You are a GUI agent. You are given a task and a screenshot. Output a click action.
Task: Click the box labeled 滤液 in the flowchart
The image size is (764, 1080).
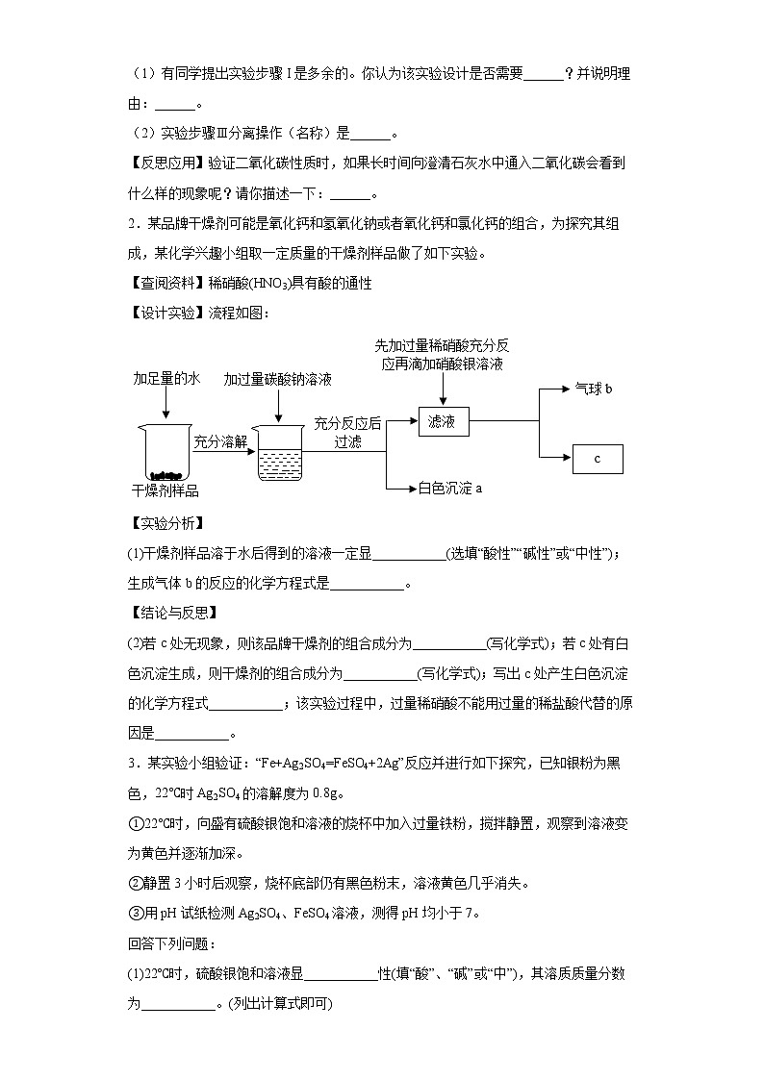click(443, 421)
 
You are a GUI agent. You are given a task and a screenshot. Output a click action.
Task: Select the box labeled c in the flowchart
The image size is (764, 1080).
click(598, 459)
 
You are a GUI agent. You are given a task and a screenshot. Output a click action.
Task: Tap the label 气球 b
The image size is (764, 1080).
click(594, 389)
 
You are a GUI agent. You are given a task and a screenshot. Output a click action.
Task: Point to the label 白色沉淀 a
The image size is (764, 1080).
click(449, 489)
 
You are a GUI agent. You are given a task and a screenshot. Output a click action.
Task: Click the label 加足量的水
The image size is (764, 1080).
click(166, 380)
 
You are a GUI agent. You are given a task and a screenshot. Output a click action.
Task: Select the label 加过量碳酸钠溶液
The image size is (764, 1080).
click(278, 380)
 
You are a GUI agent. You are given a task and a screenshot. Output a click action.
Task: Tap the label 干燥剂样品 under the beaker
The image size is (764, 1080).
click(166, 492)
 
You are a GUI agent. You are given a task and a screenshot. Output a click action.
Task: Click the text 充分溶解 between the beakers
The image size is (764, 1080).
click(220, 441)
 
